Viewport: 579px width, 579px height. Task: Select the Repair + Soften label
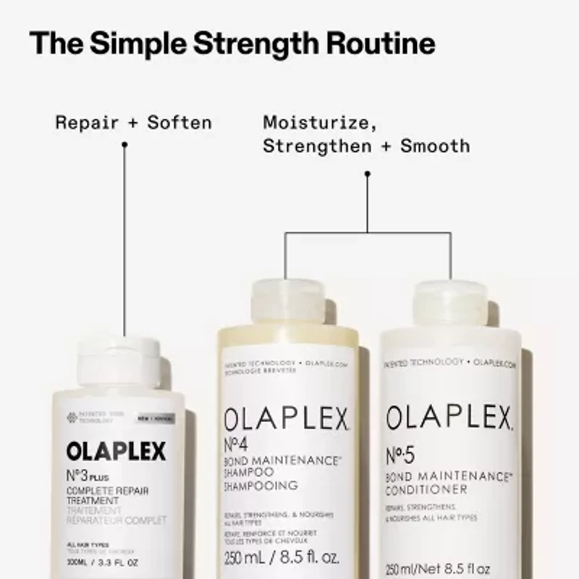pyautogui.click(x=134, y=122)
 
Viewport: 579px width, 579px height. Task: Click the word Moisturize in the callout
pyautogui.click(x=319, y=122)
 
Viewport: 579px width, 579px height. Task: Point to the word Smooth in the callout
pyautogui.click(x=435, y=146)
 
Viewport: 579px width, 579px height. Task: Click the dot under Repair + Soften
pyautogui.click(x=124, y=145)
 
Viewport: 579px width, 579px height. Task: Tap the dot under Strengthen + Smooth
pyautogui.click(x=367, y=174)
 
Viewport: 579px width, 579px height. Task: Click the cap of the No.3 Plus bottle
pyautogui.click(x=119, y=360)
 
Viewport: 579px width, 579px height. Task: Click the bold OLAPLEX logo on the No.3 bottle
pyautogui.click(x=116, y=452)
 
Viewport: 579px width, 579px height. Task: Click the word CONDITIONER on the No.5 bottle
pyautogui.click(x=426, y=490)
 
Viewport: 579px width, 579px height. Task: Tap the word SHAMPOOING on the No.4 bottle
pyautogui.click(x=261, y=486)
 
